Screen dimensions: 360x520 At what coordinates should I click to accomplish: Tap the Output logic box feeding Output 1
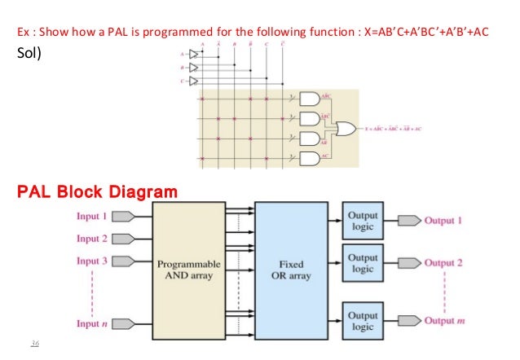(x=363, y=222)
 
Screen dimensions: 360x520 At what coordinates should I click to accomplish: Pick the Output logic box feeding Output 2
(x=363, y=264)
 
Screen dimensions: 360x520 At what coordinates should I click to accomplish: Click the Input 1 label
(x=92, y=217)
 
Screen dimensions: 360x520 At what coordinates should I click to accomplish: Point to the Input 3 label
(x=92, y=261)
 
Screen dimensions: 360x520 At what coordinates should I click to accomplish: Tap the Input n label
(x=92, y=323)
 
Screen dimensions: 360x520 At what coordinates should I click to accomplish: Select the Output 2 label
(x=444, y=263)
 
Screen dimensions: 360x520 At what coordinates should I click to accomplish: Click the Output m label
(x=445, y=321)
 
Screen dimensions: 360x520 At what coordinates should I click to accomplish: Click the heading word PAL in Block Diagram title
(x=38, y=192)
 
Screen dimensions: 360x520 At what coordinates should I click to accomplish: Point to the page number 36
(x=33, y=344)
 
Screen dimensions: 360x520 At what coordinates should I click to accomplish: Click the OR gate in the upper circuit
(x=345, y=129)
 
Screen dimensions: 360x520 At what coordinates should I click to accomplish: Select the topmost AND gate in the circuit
(x=311, y=99)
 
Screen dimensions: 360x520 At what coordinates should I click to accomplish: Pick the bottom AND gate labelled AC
(x=311, y=157)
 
